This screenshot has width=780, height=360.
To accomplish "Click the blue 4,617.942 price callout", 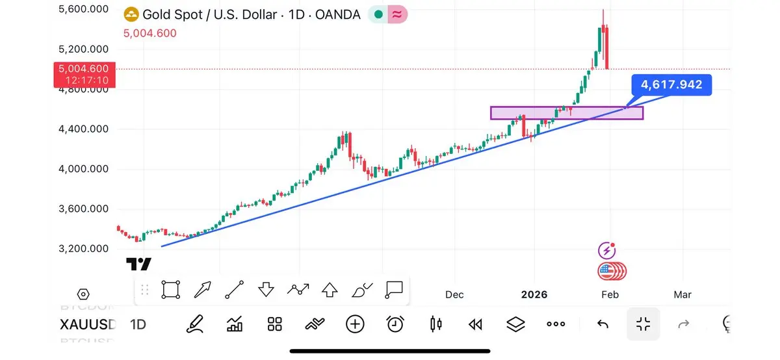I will tap(671, 85).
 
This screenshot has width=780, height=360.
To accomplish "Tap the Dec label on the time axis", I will tap(454, 294).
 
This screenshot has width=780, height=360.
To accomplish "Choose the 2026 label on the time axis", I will tap(534, 294).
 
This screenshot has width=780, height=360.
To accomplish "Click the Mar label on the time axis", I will tap(682, 294).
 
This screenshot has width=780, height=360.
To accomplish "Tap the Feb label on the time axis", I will tap(610, 294).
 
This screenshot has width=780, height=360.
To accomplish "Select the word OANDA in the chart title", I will tap(337, 14).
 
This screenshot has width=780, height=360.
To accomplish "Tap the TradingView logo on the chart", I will tap(138, 264).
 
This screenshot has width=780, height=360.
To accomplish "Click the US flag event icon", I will tap(607, 271).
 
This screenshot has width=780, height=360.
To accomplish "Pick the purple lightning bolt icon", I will tap(606, 250).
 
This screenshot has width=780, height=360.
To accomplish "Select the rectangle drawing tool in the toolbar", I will tap(171, 290).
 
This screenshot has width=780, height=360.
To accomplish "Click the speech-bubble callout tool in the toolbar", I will tap(394, 290).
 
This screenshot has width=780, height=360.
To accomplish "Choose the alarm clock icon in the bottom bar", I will tap(395, 324).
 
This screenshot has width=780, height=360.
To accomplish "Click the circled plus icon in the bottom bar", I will tap(355, 324).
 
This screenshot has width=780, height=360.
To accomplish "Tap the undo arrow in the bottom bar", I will tap(603, 324).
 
